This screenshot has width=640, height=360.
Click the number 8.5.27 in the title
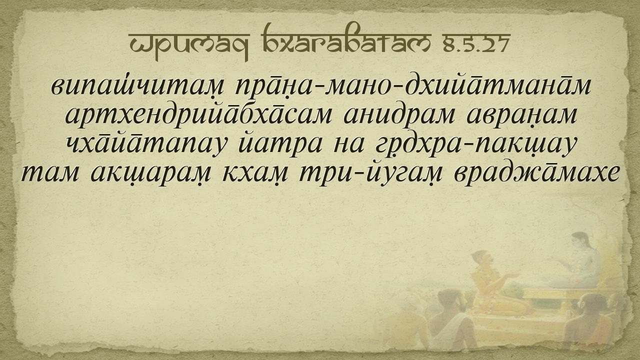point(476,43)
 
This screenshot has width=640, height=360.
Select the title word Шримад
point(188,45)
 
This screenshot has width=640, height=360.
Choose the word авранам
point(521,116)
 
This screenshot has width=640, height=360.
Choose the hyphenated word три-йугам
point(370,173)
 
